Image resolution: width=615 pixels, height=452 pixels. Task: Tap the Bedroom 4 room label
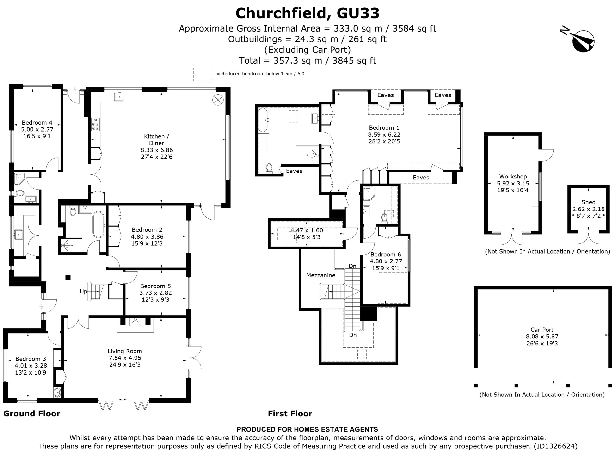[37, 123]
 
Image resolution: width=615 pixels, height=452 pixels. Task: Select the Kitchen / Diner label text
[157, 140]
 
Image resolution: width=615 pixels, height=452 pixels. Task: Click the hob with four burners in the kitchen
[95, 125]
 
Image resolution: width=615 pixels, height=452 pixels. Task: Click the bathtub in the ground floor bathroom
[98, 224]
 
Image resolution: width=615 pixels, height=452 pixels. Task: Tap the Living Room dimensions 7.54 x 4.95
[125, 358]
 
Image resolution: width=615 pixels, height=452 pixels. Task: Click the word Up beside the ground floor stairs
[83, 291]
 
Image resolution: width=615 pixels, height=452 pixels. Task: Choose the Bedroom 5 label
[155, 286]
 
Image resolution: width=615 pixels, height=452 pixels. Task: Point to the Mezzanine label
[321, 275]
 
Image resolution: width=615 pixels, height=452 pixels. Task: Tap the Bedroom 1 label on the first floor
[384, 127]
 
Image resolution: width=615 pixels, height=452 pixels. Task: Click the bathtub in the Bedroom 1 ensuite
[263, 120]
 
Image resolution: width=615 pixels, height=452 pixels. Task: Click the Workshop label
[513, 177]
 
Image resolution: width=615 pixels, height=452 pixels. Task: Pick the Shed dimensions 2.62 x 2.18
[589, 209]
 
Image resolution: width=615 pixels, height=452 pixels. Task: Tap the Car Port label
[542, 330]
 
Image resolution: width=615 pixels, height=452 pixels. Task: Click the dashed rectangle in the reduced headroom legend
[203, 74]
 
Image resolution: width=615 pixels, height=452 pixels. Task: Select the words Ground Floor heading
[32, 414]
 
